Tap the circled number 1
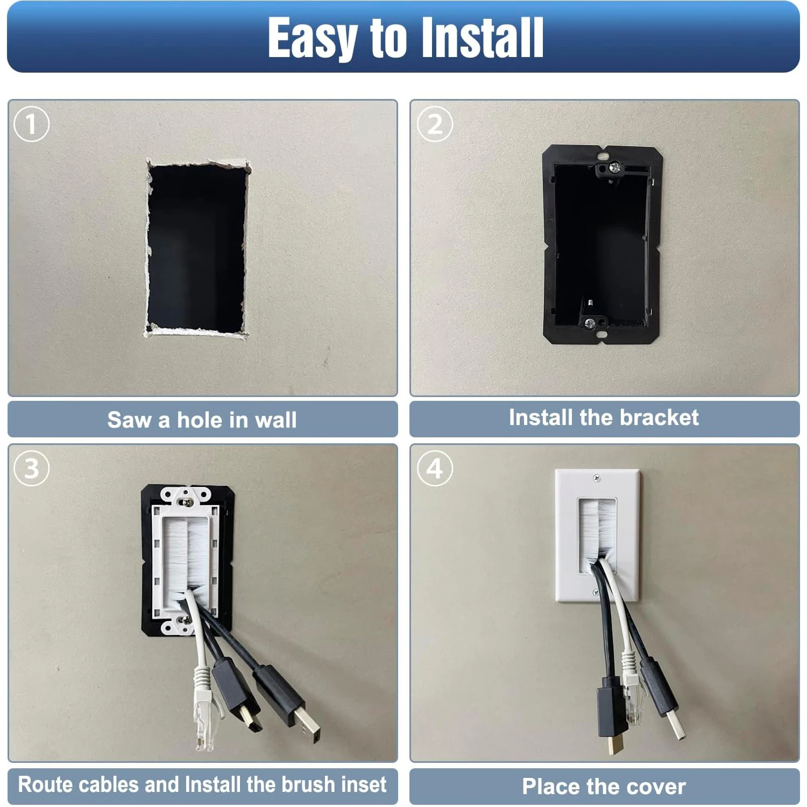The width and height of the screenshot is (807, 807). click(x=31, y=124)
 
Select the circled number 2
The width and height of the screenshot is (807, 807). click(x=435, y=124)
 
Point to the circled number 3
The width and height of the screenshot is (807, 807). click(x=31, y=468)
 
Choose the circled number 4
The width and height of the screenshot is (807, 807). click(x=435, y=468)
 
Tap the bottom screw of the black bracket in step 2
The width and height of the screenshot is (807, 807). click(x=590, y=323)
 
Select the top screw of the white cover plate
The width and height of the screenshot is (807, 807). click(x=596, y=478)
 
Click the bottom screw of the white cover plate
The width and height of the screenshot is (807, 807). click(x=596, y=592)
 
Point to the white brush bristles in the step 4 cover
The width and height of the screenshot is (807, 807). click(x=597, y=533)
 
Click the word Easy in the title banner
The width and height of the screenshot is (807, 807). click(x=312, y=38)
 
